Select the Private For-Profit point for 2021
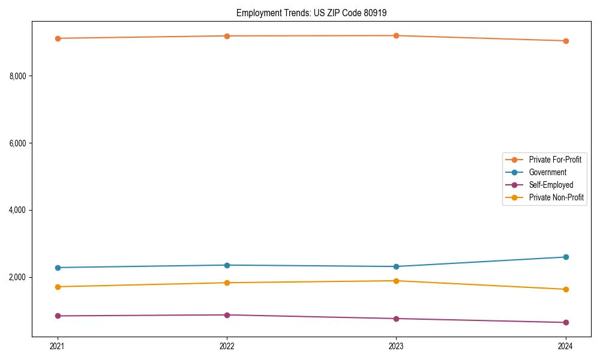(x=58, y=38)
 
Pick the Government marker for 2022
(x=227, y=265)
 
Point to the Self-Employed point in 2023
(x=396, y=319)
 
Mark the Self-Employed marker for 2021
(x=58, y=316)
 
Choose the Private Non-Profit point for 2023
(x=396, y=281)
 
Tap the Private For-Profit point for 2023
(x=396, y=36)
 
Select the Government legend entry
(x=547, y=172)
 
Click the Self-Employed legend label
(x=551, y=185)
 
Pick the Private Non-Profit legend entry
(x=556, y=197)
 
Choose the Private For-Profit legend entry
(x=555, y=160)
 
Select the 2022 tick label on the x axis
(x=227, y=346)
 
